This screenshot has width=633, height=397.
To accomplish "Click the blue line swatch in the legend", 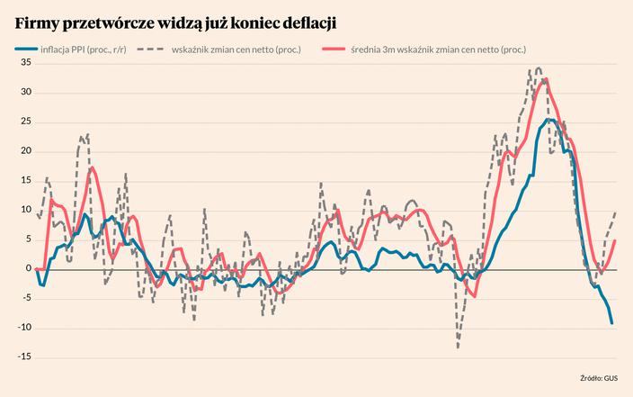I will coord(27,50).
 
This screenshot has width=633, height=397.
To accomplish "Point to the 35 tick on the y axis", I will coord(25,63).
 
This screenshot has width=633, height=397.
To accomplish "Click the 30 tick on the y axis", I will coord(25,93).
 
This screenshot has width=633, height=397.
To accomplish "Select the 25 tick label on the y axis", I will coord(25,122).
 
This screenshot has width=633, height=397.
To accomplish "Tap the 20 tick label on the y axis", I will coord(25,151).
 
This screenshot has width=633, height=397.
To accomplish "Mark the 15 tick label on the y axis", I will coord(25,181).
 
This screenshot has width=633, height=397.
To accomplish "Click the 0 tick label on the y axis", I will coord(28,268).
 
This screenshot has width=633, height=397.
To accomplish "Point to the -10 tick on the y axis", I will coord(23,327).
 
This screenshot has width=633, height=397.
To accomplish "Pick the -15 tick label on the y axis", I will coord(23,356).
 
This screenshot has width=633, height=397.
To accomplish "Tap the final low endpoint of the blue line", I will coord(612,322).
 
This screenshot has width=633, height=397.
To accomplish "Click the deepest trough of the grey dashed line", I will coord(458,346).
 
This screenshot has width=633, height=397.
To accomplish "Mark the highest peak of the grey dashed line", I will coord(538,68).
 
